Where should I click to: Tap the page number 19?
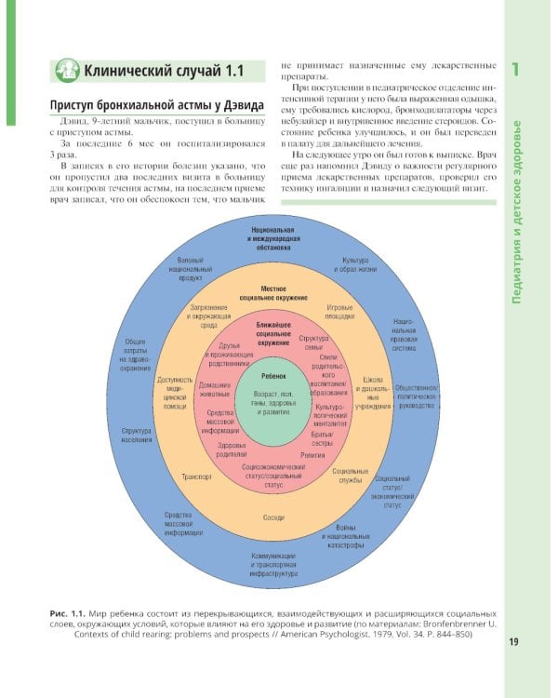[x=514, y=641]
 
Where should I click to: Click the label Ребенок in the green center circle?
[x=275, y=374]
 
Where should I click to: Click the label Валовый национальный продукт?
[x=193, y=268]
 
